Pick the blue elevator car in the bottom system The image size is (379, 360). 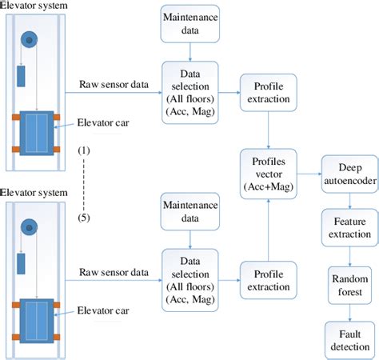tap(34, 319)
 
